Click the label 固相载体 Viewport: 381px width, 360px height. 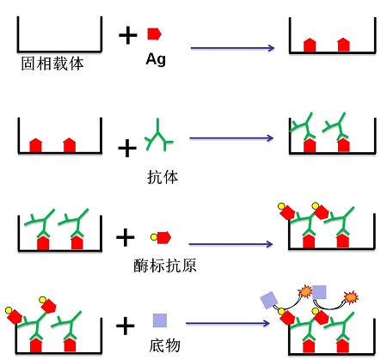click(52, 64)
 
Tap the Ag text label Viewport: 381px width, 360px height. click(156, 60)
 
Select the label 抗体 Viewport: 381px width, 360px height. click(163, 177)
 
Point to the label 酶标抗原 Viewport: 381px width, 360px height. click(165, 265)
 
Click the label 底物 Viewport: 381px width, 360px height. click(164, 345)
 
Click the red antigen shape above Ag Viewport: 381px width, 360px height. click(155, 34)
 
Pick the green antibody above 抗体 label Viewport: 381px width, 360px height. click(159, 135)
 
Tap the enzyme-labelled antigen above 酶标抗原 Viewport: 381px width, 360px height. click(161, 237)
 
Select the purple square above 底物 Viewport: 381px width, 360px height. click(160, 320)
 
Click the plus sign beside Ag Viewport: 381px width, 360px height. click(128, 35)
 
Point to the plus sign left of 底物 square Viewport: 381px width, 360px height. click(126, 326)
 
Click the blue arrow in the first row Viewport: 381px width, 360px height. click(232, 48)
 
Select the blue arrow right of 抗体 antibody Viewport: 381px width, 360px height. click(231, 138)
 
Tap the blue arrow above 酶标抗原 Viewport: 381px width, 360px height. click(230, 244)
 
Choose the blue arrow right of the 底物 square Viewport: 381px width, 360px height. click(228, 323)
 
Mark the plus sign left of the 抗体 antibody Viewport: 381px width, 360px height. click(127, 148)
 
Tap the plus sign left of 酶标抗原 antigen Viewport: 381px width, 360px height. click(126, 237)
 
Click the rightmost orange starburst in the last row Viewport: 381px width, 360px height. click(351, 297)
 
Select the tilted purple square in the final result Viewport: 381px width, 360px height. click(269, 300)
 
